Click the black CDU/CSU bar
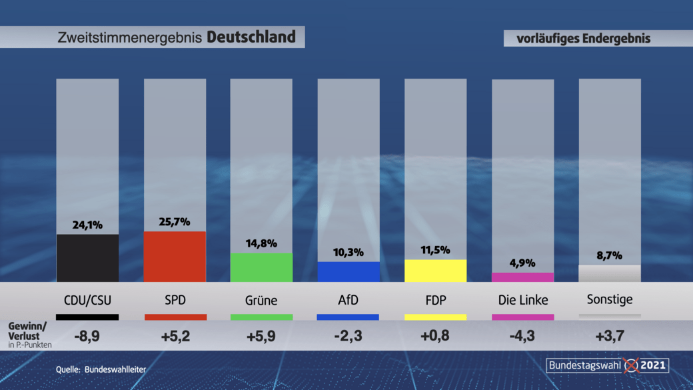(x=87, y=257)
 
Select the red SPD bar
(x=175, y=256)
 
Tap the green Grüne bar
(x=261, y=267)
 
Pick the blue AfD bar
(x=348, y=271)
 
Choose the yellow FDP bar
(x=435, y=270)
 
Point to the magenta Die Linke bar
(x=522, y=277)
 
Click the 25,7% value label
(x=175, y=221)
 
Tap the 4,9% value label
(x=522, y=263)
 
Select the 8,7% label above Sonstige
(x=609, y=255)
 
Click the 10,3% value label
(x=348, y=252)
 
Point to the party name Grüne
(x=261, y=300)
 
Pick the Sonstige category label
(x=610, y=299)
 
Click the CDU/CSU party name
(x=88, y=300)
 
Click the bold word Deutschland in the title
(x=251, y=37)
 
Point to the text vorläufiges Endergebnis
(x=584, y=39)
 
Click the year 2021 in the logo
(x=653, y=365)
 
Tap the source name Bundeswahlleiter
(x=115, y=369)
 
